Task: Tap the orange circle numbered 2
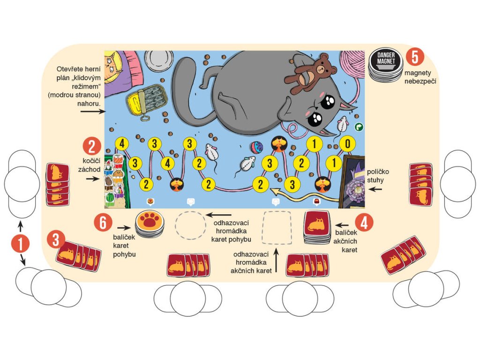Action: coord(92,147)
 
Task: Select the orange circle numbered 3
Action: coord(55,240)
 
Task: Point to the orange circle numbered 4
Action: coord(364,223)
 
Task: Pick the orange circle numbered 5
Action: coord(414,56)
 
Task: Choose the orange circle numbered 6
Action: coord(103,223)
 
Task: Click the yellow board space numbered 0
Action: coord(347,143)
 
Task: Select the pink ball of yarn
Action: coord(351,65)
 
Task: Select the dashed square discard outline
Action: coord(277,227)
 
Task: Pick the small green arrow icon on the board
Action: coord(359,126)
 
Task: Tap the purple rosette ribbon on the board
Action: coord(356,190)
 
